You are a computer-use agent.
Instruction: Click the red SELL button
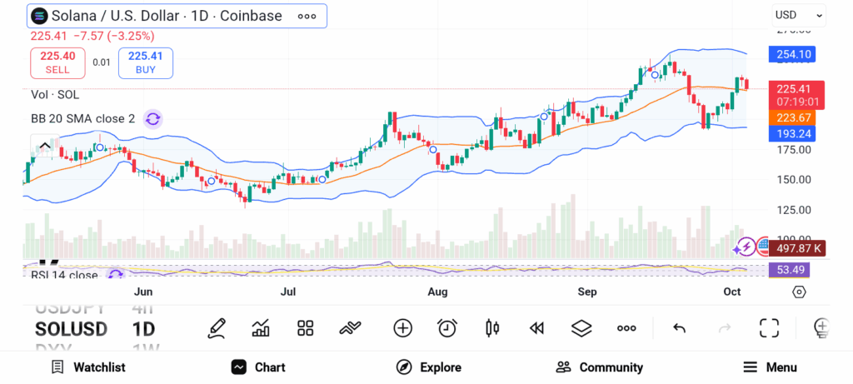point(57,62)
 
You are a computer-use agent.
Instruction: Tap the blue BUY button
point(146,62)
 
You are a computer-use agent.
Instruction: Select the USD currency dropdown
point(798,15)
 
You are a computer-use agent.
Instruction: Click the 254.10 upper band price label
point(793,55)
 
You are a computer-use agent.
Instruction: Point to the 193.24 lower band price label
point(793,133)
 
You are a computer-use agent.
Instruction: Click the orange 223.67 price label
point(793,117)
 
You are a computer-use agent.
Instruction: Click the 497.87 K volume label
point(799,248)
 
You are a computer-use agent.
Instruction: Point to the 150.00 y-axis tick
point(793,179)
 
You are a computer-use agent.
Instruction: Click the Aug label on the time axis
point(437,292)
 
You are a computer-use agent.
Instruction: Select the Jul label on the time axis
point(288,292)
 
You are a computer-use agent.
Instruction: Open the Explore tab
point(429,367)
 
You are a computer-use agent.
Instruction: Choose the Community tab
point(599,367)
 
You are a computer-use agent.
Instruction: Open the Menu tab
point(770,367)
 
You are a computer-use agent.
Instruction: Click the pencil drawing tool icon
point(217,328)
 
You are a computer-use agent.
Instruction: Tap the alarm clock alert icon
point(447,328)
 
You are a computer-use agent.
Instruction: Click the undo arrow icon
point(679,328)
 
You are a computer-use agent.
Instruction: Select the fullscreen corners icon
point(769,328)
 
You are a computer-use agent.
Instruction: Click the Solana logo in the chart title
point(39,16)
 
